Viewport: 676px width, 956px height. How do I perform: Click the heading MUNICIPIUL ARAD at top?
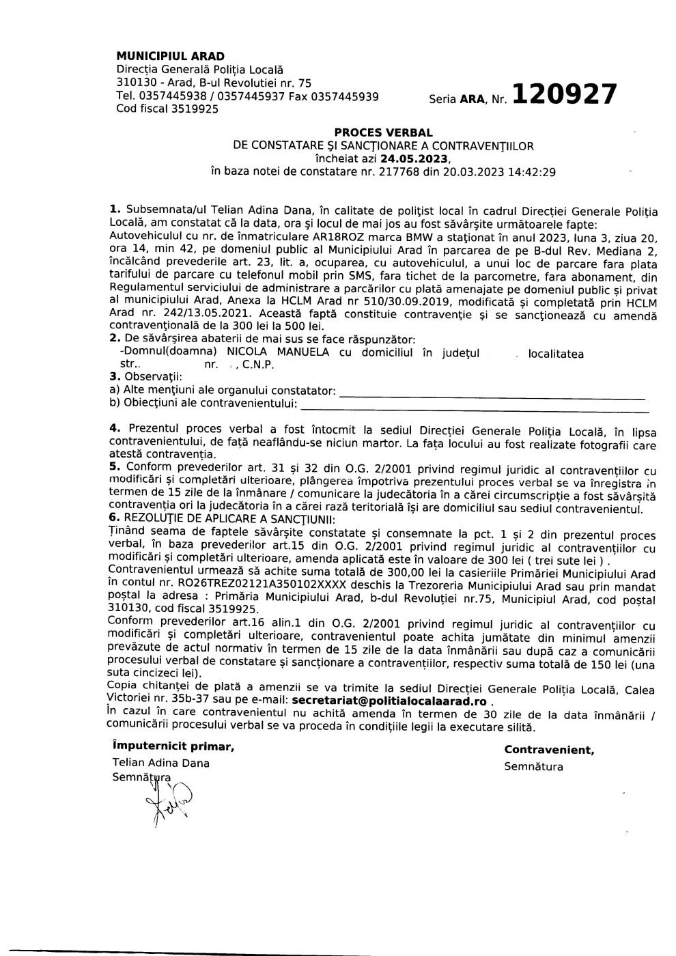(170, 56)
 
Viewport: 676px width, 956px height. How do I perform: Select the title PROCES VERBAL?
(383, 132)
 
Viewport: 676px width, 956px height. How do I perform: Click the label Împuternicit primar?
(173, 746)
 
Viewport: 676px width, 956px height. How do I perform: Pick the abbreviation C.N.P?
(258, 365)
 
